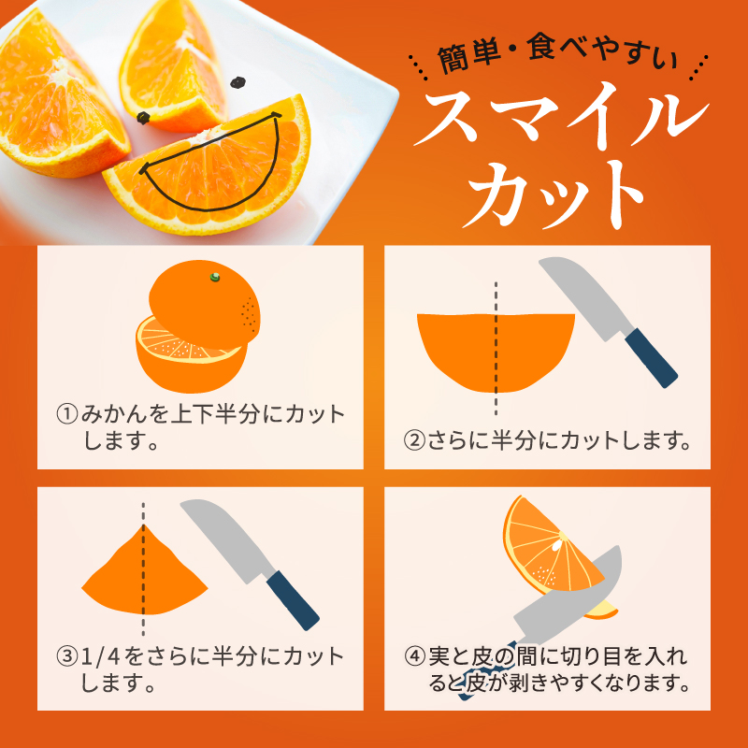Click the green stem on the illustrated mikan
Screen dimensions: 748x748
tap(215, 276)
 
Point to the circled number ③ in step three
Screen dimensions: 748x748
tap(66, 656)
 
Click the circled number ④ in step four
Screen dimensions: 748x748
tap(415, 655)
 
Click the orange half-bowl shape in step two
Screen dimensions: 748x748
tap(496, 351)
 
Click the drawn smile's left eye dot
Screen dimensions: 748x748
tap(144, 118)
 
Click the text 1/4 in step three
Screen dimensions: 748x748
tap(104, 656)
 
